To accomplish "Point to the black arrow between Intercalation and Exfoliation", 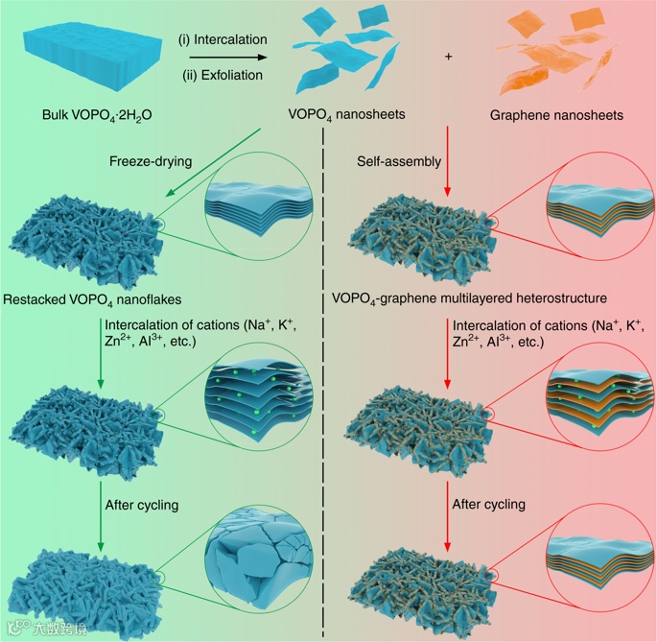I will [x=223, y=57].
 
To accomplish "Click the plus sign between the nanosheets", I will [x=448, y=57].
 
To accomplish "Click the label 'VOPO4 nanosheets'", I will [x=346, y=115].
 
